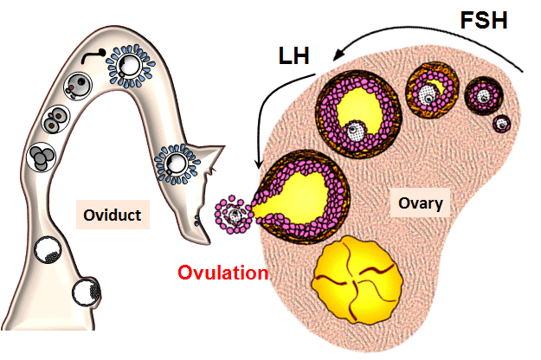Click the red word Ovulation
tap(222, 273)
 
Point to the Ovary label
tap(421, 204)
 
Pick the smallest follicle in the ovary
tap(502, 123)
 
